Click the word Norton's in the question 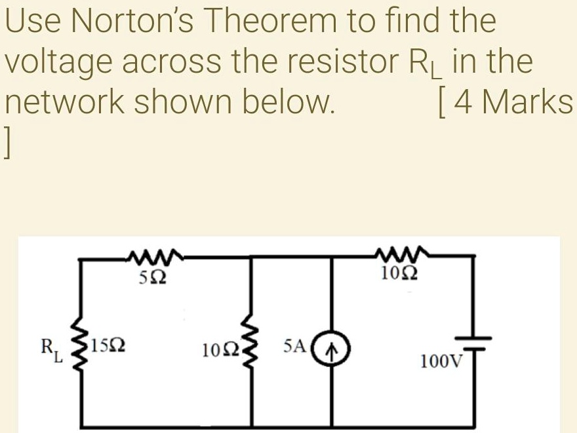138,21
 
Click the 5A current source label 295,345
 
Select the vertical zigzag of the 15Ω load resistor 82,348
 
